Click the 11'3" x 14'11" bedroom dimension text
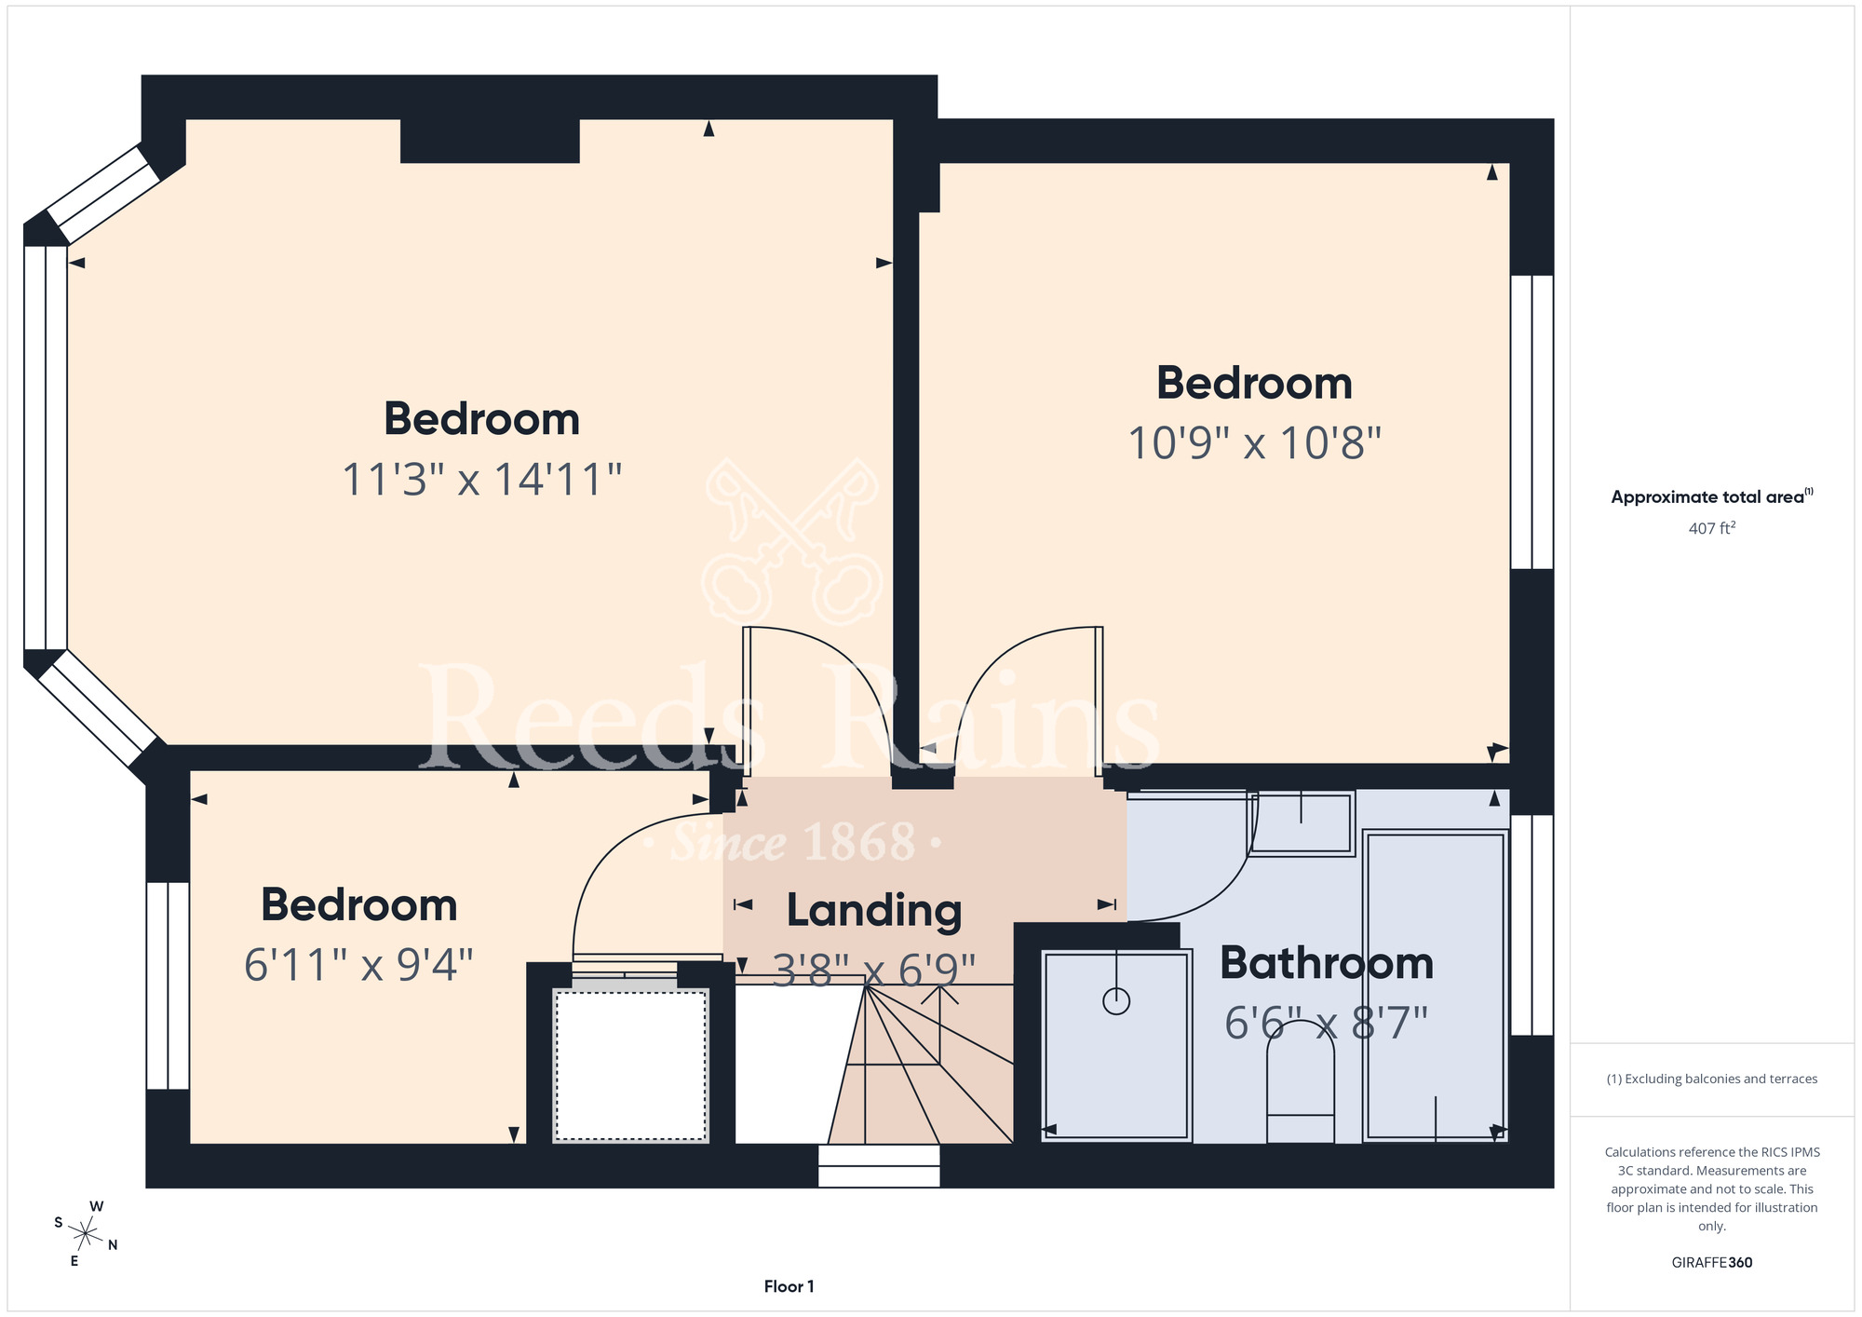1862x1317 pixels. coord(481,480)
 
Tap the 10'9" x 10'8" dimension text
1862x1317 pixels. coord(1254,443)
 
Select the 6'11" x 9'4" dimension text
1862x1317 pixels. coord(358,965)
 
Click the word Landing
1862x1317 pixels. coord(874,911)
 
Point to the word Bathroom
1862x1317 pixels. coord(1327,963)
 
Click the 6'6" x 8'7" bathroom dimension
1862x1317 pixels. coord(1326,1024)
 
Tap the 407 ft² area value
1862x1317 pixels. coord(1712,528)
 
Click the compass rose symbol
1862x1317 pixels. coord(86,1235)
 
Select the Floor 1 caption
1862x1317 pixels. coord(789,1286)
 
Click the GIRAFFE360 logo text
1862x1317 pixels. coord(1712,1263)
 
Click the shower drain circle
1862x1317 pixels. coord(1116,1001)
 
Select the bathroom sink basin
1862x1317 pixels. coord(1301,822)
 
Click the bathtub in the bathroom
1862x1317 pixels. coord(1435,985)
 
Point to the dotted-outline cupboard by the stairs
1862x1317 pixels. coord(630,1066)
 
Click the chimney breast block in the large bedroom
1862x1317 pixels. coord(490,141)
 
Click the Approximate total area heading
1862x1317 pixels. coord(1712,496)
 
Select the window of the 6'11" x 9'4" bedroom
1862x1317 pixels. coord(168,985)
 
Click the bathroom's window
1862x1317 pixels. coord(1531,925)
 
